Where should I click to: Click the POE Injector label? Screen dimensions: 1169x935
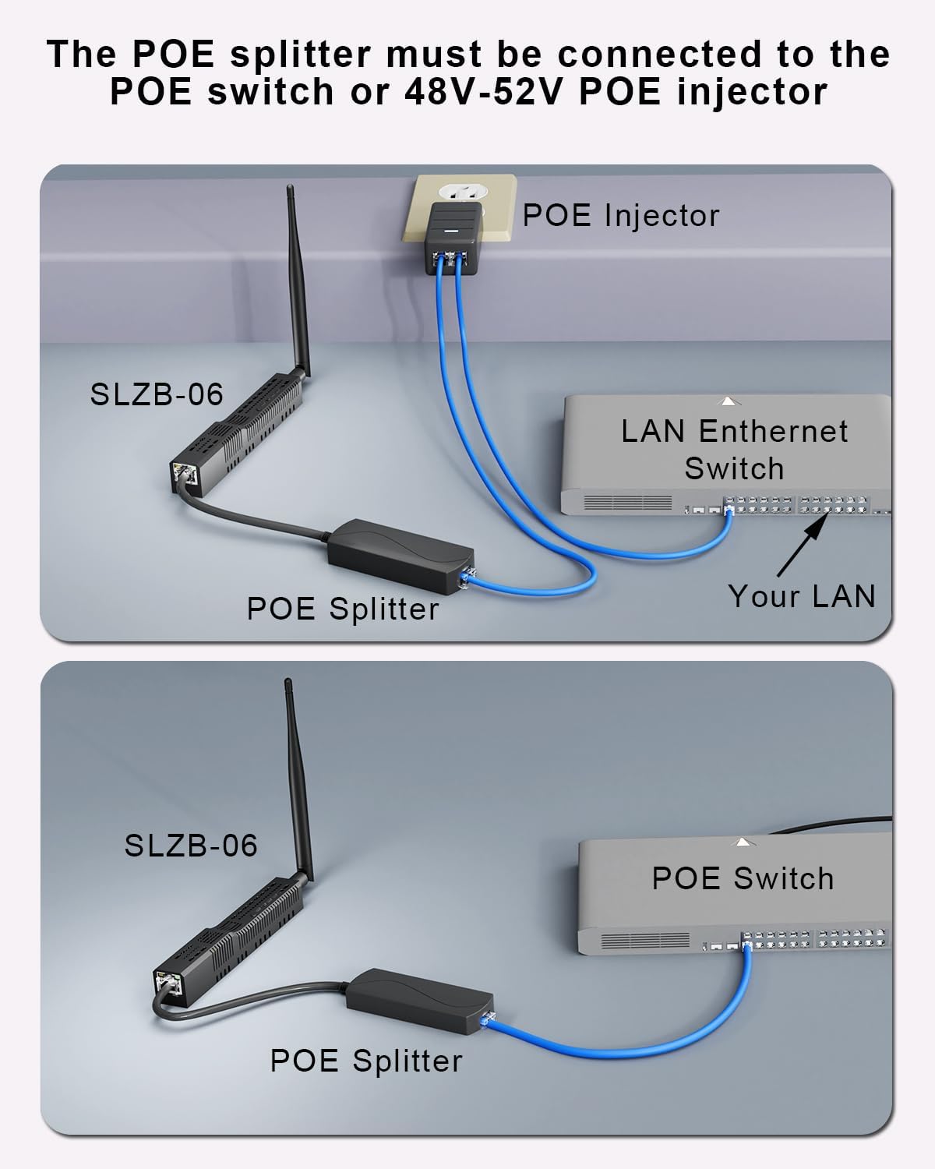[x=620, y=215]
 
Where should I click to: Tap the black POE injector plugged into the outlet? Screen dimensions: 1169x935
[x=451, y=233]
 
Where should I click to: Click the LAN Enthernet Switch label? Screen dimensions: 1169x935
[x=734, y=450]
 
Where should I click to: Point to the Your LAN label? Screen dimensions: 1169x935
[x=802, y=595]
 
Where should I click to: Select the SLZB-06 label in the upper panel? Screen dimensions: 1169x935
[x=157, y=394]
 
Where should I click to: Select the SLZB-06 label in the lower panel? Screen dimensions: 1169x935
[x=191, y=845]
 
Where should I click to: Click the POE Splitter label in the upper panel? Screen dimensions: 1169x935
[x=343, y=609]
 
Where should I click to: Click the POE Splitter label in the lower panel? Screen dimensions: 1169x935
[x=366, y=1061]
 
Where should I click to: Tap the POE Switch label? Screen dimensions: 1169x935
[x=743, y=878]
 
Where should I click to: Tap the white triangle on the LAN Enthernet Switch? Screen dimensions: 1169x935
[x=728, y=401]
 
